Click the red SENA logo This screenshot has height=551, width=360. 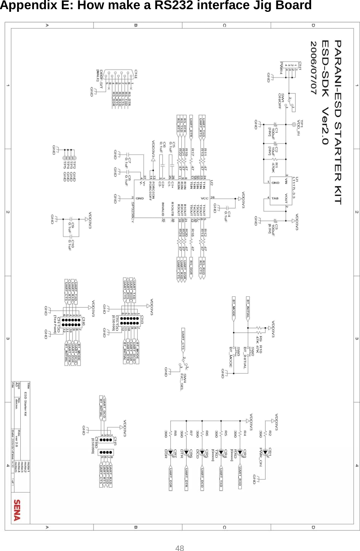[x=17, y=510]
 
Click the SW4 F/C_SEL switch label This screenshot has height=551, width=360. [x=183, y=381]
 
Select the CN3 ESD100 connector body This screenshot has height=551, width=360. [x=129, y=320]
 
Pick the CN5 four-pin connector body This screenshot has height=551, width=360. [x=106, y=440]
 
